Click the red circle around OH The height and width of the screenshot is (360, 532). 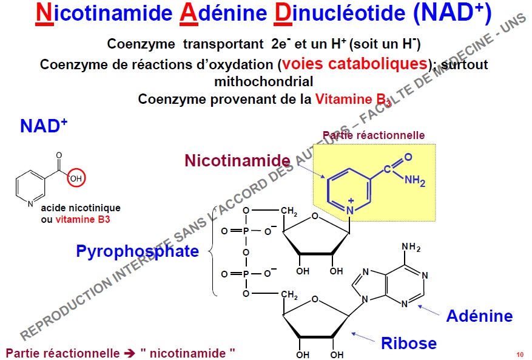[76, 178]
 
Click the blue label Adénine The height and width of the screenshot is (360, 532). [479, 316]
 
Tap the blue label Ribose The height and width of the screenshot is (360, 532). [408, 344]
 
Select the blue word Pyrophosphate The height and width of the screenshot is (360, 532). [137, 251]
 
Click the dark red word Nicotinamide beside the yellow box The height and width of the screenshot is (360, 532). [237, 161]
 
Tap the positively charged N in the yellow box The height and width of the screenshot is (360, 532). [351, 209]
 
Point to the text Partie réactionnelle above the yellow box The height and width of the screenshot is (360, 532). [374, 135]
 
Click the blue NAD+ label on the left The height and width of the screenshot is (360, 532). [44, 126]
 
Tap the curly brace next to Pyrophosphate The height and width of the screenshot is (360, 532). [212, 251]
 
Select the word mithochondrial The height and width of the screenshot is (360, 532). [264, 81]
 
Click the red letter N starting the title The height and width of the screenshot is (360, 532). [43, 15]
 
